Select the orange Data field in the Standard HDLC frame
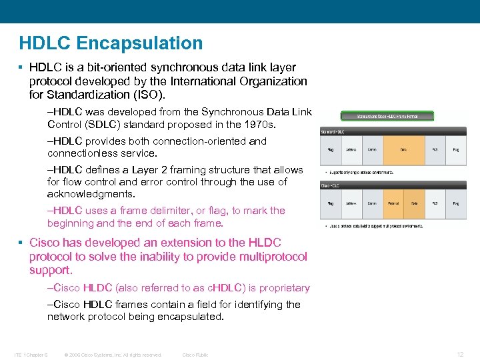click(403, 150)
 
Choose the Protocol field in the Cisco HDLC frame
click(393, 203)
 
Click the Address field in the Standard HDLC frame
click(351, 150)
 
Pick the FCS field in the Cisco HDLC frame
click(435, 203)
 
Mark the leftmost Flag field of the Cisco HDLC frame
click(330, 203)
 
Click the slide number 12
click(459, 354)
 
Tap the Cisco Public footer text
click(195, 355)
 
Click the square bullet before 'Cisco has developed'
click(22, 243)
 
